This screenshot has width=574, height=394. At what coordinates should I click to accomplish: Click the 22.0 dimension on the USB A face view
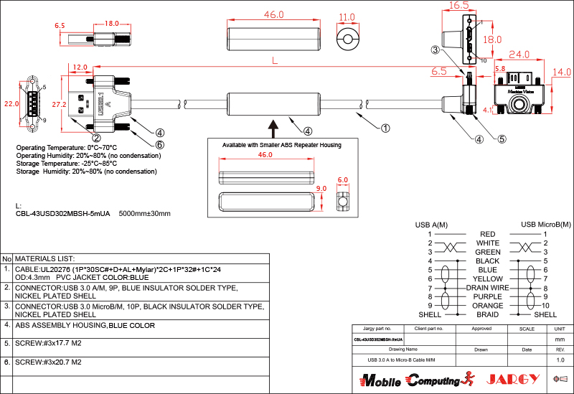coord(11,104)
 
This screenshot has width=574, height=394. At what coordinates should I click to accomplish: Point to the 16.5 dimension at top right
coord(458,5)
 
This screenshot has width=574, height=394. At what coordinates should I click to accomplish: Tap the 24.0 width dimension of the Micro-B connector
coord(519,55)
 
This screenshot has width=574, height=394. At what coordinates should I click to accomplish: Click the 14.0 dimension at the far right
coord(562,72)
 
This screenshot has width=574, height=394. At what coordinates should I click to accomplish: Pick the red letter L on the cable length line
coord(275,62)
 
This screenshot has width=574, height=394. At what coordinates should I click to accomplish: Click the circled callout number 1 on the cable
coord(385,128)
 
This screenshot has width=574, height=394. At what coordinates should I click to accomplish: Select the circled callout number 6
coord(160,144)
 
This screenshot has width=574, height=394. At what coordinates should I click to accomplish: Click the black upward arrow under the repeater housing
coord(273,128)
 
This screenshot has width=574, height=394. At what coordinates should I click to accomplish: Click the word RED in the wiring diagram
coord(487,234)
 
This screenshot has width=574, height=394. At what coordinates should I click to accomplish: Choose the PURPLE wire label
coord(487,296)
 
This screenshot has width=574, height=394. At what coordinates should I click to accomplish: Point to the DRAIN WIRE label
coord(487,287)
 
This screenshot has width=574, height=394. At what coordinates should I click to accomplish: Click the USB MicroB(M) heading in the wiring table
coord(545,225)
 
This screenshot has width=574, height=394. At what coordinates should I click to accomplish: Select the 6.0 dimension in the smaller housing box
coord(342,180)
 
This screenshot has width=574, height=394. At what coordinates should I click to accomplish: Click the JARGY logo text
coord(512,378)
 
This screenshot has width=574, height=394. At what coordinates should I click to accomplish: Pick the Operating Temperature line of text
coord(66,147)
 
